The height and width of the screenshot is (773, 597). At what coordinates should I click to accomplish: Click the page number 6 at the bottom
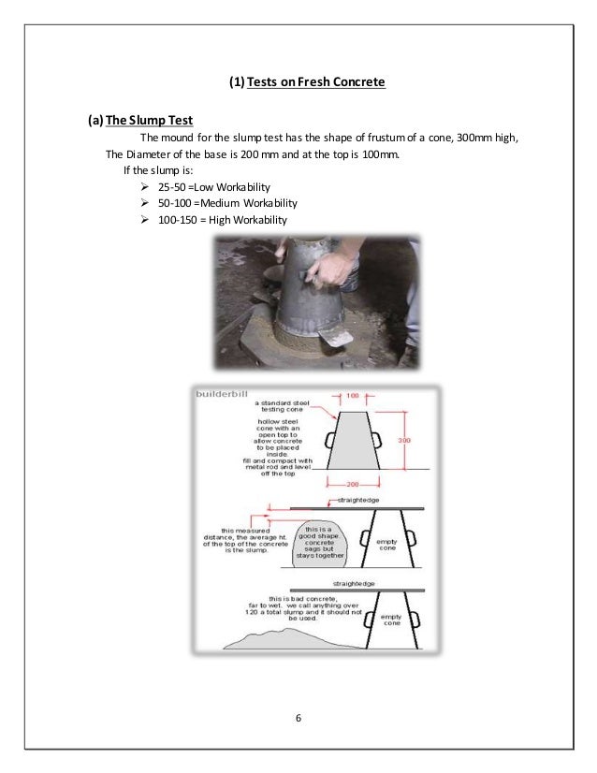tap(298, 717)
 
